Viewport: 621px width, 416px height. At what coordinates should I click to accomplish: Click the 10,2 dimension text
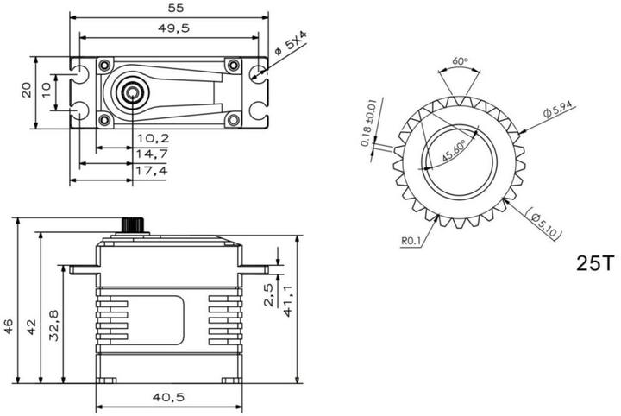pos(152,137)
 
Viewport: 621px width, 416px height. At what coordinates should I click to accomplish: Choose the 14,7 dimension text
pos(152,154)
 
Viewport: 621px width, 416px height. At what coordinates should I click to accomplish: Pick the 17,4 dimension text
pos(152,171)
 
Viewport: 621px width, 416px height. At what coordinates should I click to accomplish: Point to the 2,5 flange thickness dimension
pos(268,294)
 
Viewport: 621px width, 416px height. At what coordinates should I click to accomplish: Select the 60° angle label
pos(460,62)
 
